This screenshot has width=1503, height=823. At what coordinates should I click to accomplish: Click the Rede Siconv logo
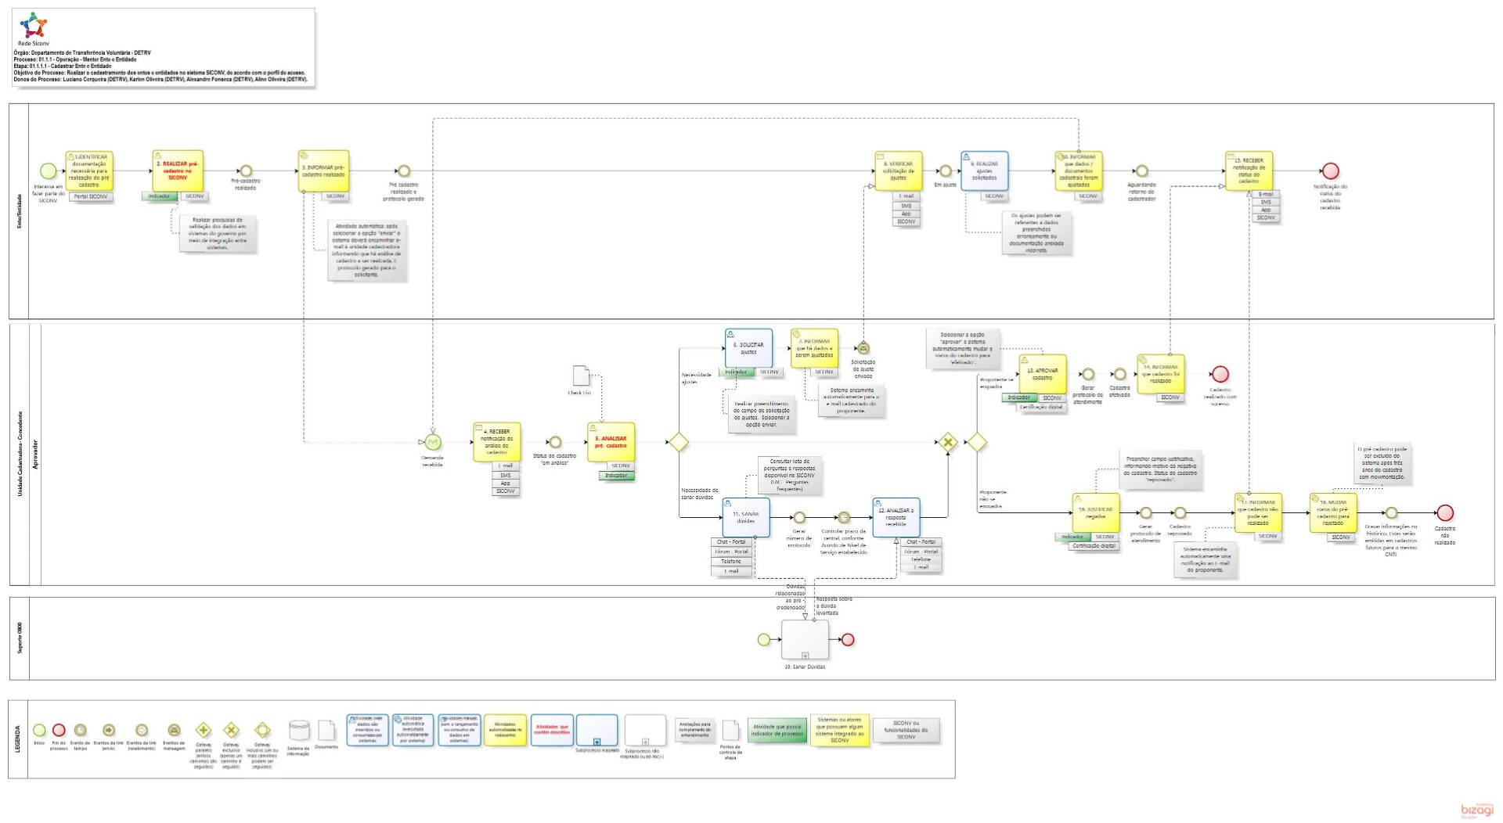point(33,27)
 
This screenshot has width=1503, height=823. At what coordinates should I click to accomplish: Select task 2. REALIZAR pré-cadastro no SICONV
point(178,170)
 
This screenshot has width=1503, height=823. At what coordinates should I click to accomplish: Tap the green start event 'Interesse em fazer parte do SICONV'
point(48,171)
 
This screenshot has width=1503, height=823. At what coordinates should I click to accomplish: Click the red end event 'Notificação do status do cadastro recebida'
point(1330,171)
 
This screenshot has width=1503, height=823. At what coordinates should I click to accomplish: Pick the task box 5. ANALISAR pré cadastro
point(611,442)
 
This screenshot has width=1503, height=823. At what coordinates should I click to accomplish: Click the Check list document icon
point(581,376)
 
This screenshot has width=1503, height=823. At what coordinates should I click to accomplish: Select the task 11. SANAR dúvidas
point(745,517)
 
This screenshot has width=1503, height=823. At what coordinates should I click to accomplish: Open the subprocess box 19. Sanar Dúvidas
point(805,639)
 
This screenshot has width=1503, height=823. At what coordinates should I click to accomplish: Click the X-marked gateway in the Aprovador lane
point(948,442)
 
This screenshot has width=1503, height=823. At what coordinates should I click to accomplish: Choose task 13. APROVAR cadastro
point(1042,374)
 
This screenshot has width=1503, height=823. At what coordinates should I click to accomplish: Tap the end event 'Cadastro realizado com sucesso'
point(1220,375)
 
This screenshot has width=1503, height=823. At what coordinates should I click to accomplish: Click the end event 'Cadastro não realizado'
point(1445,512)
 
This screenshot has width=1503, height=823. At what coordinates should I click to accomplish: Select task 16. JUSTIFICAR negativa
point(1095,512)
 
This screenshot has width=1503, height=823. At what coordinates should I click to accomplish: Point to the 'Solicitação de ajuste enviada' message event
point(863,348)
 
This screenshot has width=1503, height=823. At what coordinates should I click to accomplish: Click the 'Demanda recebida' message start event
point(433,443)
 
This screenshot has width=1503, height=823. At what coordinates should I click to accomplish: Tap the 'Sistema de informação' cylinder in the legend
point(299,731)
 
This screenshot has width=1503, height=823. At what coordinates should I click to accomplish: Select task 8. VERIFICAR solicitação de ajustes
point(898,171)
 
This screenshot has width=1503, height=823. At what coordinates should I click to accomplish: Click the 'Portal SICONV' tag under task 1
point(91,196)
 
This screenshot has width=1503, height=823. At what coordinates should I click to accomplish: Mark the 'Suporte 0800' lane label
point(20,638)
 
